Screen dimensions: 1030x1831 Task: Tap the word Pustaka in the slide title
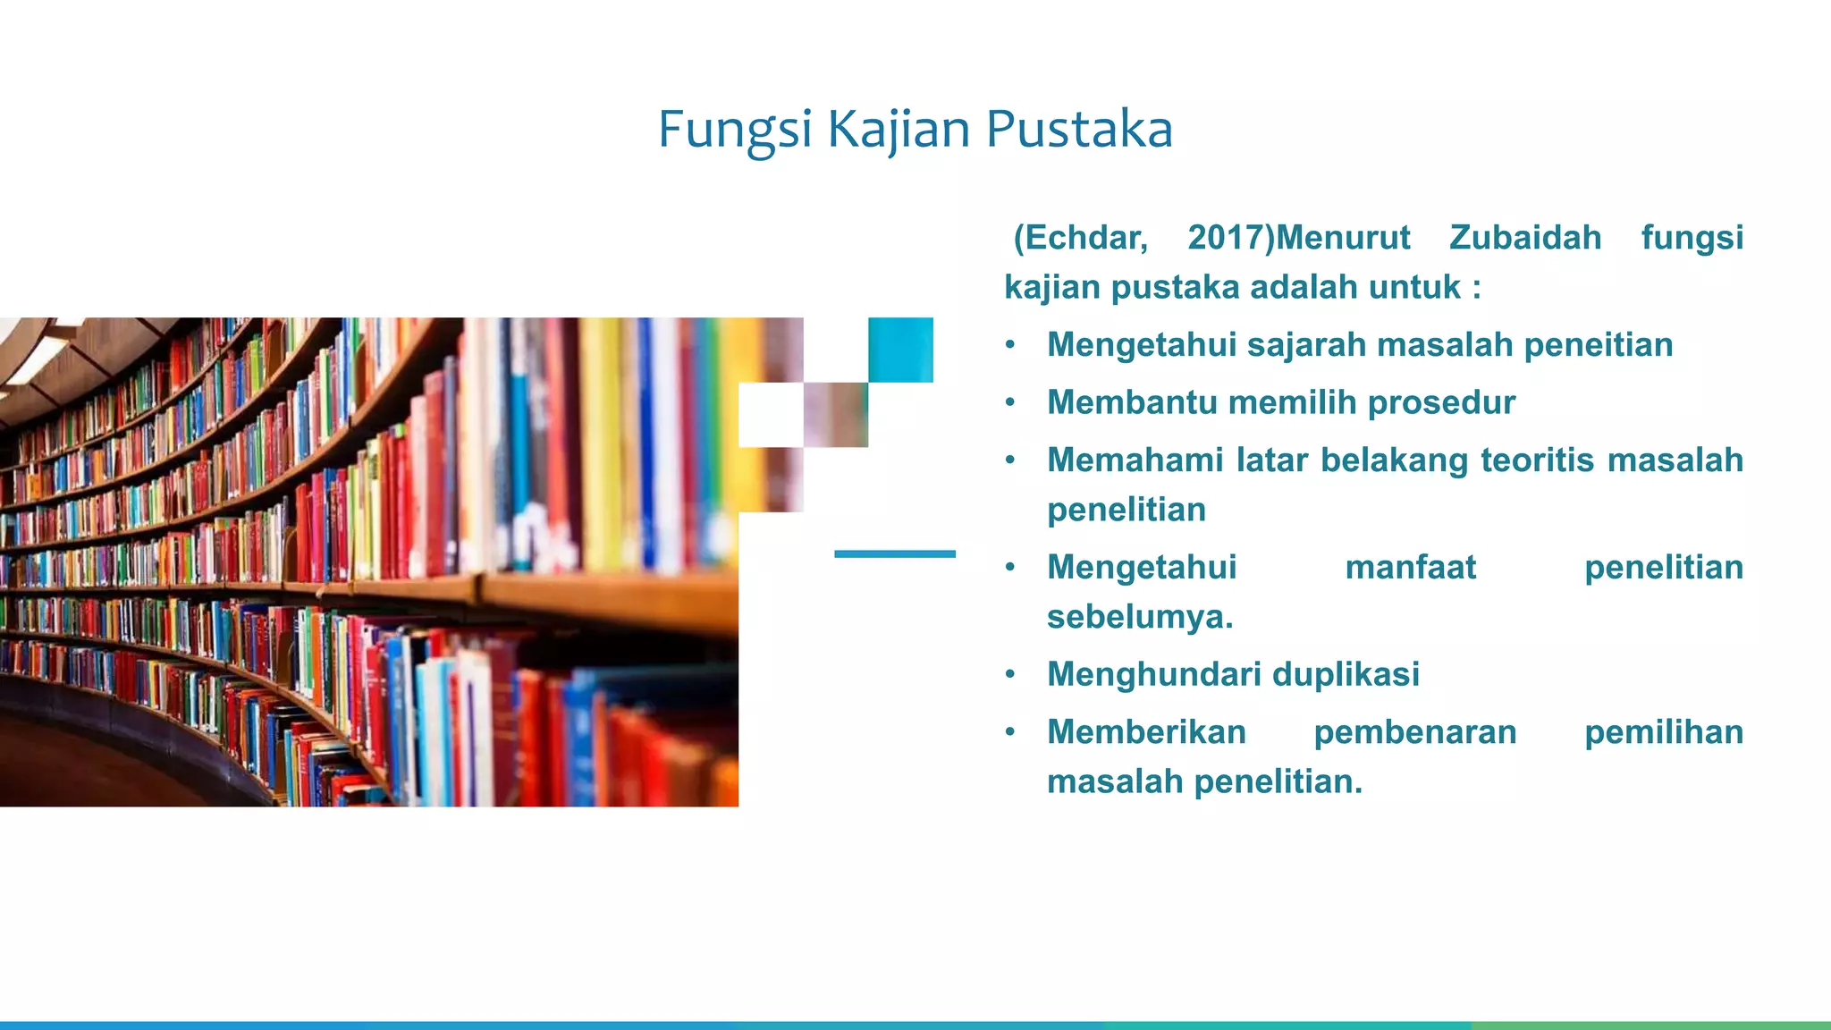[1079, 130]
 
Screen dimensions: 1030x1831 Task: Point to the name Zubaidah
[1525, 238]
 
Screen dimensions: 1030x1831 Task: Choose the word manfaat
[1410, 568]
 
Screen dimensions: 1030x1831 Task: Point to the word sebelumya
[1140, 617]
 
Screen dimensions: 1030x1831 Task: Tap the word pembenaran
[1414, 732]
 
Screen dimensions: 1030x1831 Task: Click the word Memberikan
[1146, 732]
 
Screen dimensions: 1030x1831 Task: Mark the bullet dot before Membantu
[1010, 403]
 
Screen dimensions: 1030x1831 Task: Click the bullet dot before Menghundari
[1010, 674]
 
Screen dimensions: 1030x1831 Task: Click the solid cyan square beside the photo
[900, 350]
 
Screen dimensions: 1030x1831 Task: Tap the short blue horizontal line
[894, 554]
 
